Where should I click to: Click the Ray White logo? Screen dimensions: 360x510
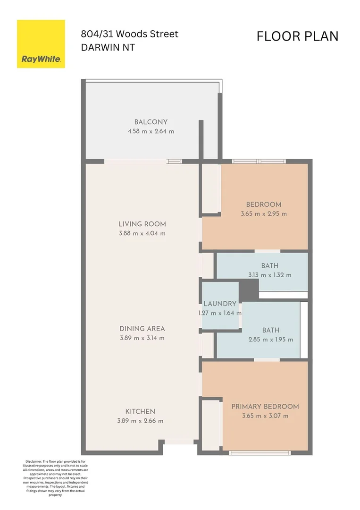[41, 44]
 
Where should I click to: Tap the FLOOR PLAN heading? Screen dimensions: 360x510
[297, 36]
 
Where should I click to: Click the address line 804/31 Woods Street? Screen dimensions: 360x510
[130, 34]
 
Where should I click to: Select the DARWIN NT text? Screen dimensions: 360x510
[108, 48]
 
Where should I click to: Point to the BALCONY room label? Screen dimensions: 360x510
[151, 122]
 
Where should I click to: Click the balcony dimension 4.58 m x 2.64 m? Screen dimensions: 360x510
[151, 131]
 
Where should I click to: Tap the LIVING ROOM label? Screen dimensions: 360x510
[142, 224]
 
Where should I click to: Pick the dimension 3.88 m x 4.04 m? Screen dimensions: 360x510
[142, 233]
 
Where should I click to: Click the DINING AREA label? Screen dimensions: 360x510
[142, 329]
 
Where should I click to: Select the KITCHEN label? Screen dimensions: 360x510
[140, 411]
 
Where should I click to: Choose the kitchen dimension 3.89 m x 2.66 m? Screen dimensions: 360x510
[140, 421]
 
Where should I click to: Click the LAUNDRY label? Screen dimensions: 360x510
[220, 304]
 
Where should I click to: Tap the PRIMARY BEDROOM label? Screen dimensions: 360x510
[265, 407]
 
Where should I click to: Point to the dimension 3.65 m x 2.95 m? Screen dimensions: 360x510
[264, 214]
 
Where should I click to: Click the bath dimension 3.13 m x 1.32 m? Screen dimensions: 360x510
[270, 275]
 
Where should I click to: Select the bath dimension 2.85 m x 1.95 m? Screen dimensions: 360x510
[271, 340]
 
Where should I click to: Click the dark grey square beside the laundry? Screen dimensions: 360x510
[249, 290]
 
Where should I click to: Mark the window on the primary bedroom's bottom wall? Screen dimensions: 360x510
[260, 453]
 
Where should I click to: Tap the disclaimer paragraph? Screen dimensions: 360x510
[55, 478]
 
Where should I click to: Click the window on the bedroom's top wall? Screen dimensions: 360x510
[259, 161]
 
